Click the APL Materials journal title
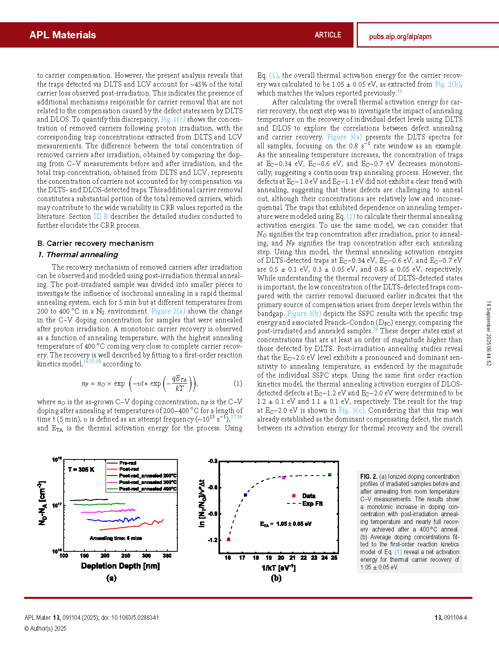coord(62,35)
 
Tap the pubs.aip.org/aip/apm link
coord(400,37)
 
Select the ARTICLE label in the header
coord(328,35)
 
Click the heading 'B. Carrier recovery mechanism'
coord(95,243)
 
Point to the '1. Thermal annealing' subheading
coord(78,255)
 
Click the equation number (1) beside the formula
coord(238,383)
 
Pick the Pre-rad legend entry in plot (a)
coord(128,463)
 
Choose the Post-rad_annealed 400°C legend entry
coord(148,489)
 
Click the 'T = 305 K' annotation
coord(81,470)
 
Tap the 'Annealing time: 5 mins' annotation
coord(116,538)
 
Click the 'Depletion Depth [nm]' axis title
coord(120,566)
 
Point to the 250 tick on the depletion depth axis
coord(126,556)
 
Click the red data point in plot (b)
coord(229,539)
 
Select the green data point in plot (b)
coord(330,475)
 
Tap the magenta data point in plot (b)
coord(284,478)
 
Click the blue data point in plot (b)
coord(245,495)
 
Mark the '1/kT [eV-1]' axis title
coord(279,568)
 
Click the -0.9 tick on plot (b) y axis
coord(212,514)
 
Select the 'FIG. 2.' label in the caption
coord(369,476)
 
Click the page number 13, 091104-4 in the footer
coord(451,617)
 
